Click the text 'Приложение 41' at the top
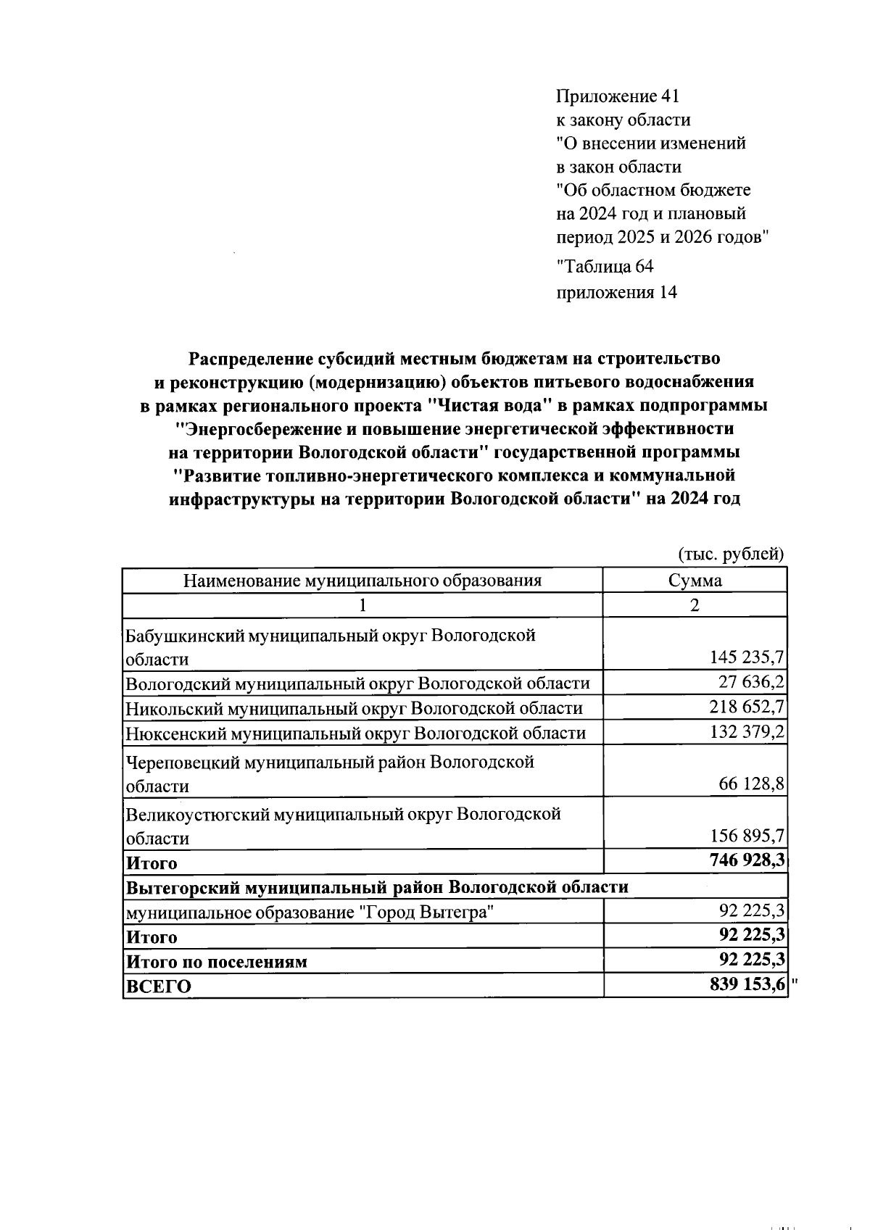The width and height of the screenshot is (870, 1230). click(618, 96)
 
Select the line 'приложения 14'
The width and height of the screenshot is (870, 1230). click(616, 292)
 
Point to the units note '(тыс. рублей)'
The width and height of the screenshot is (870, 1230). click(731, 554)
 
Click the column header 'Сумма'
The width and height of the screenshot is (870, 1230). click(695, 581)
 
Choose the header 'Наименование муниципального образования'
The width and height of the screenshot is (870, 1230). click(362, 581)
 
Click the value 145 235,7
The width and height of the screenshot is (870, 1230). click(746, 657)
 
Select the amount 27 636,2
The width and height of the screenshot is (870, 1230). click(751, 682)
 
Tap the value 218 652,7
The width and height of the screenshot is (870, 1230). click(746, 707)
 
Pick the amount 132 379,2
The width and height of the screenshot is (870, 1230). click(746, 732)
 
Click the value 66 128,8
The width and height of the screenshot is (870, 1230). click(751, 784)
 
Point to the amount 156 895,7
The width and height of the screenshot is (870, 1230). click(746, 836)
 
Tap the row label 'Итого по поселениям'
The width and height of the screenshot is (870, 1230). click(217, 963)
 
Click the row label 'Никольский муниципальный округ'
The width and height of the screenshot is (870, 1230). click(354, 708)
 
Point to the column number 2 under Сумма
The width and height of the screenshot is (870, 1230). click(695, 604)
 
